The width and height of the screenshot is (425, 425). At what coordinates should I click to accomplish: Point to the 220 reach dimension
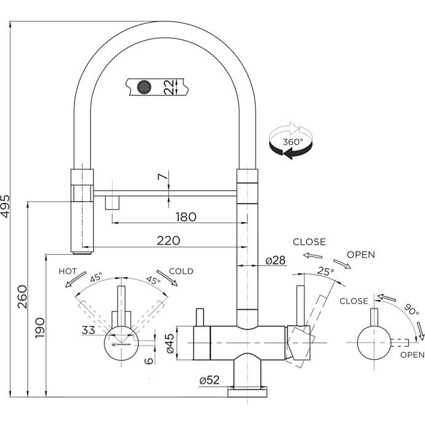click(x=168, y=240)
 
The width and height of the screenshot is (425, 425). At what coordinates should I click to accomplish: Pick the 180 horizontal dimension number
click(x=185, y=216)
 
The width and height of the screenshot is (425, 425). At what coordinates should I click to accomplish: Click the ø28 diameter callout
click(x=276, y=260)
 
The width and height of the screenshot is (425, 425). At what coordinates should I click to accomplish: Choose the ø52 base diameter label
click(x=210, y=380)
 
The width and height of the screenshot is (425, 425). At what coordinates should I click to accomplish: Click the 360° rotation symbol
click(x=290, y=141)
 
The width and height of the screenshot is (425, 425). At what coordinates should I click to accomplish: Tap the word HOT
click(x=68, y=271)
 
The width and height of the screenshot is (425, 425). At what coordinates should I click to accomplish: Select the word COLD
click(x=181, y=271)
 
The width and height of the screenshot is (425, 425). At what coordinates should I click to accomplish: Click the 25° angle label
click(x=325, y=271)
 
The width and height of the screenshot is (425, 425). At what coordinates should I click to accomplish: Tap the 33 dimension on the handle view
click(x=89, y=330)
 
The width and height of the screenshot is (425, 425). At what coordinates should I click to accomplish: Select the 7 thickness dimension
click(x=162, y=178)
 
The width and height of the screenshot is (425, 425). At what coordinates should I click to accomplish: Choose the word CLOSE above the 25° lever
click(x=309, y=242)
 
